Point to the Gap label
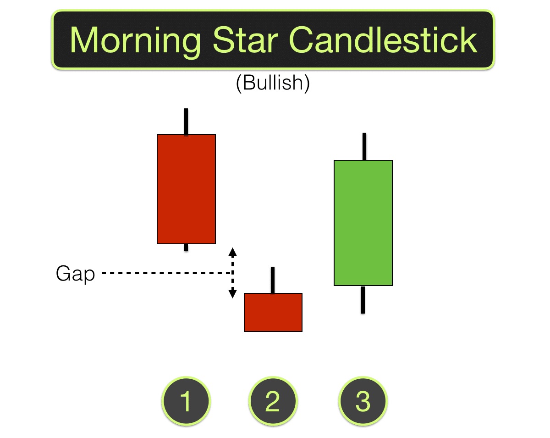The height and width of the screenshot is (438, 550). tap(75, 274)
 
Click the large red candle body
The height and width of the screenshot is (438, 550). tap(186, 189)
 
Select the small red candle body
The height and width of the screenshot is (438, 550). tap(273, 312)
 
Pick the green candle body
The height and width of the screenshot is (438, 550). tap(363, 223)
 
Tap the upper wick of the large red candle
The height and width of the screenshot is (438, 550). tap(186, 121)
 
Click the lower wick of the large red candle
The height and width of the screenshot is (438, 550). tap(186, 247)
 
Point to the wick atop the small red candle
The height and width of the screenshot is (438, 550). tap(273, 280)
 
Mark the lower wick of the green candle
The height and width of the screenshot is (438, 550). tap(363, 300)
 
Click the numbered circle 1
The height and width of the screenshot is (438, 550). tap(186, 401)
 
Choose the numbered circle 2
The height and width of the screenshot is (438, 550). tap(273, 401)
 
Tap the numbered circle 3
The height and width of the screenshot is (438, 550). tap(363, 401)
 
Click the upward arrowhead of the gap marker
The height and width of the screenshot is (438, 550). tap(232, 251)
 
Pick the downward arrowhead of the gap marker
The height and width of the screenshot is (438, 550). tap(232, 293)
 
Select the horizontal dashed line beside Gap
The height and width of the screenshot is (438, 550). tap(165, 273)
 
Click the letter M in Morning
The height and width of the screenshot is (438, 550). tap(87, 40)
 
